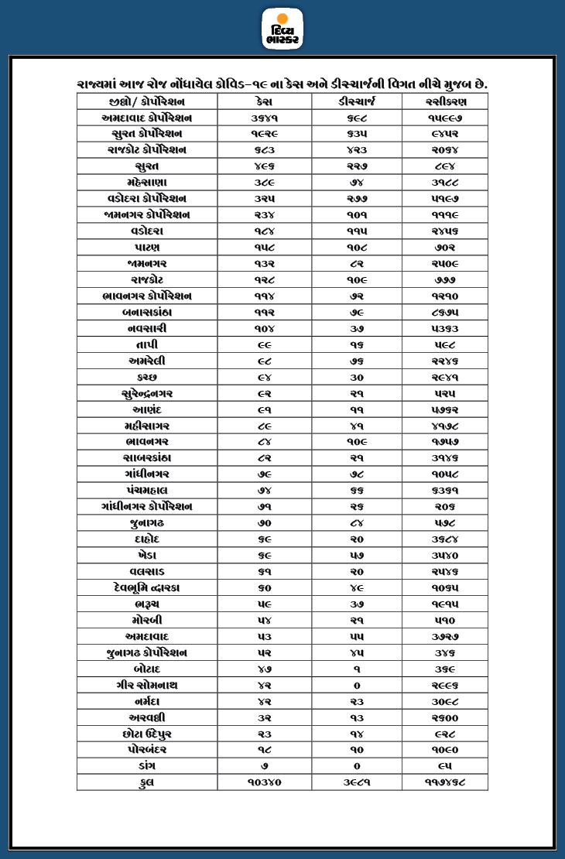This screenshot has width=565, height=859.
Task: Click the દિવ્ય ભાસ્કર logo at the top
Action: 282,29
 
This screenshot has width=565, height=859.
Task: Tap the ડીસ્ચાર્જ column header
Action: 357,101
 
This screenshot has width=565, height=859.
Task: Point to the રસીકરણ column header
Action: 445,101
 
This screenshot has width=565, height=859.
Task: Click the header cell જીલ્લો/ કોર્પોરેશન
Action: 146,101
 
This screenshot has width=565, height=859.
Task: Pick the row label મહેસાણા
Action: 146,183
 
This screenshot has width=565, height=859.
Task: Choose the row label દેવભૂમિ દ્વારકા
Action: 146,587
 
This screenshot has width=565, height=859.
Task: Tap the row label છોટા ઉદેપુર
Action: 146,733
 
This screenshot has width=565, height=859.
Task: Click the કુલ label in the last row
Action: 146,782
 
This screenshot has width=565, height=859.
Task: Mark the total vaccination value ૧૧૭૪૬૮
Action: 445,782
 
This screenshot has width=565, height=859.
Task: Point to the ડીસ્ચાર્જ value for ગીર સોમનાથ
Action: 357,685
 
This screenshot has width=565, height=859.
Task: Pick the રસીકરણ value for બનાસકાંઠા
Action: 445,313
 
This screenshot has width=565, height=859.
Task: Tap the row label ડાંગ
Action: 146,765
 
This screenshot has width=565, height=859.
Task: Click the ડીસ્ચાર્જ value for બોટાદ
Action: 357,669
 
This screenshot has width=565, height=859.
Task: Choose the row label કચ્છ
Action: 146,377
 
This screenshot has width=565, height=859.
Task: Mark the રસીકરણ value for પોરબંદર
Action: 445,749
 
